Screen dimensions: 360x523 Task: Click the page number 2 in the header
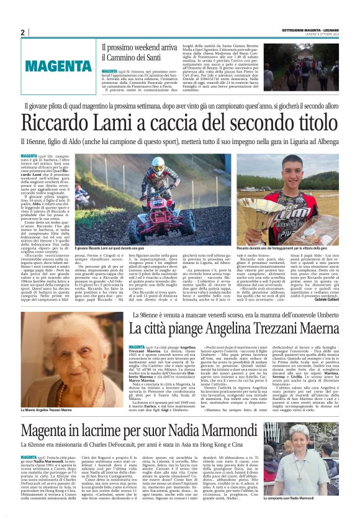22,32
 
